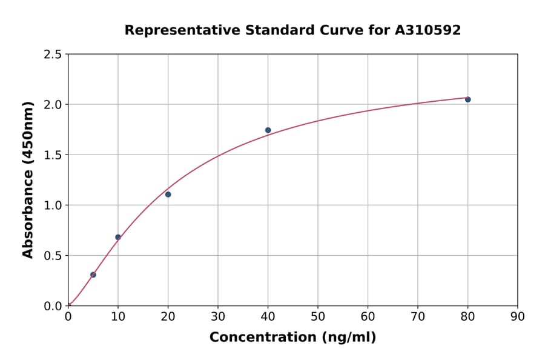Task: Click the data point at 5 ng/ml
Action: (x=93, y=275)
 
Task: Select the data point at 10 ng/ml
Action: (x=118, y=237)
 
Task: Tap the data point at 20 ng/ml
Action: (x=168, y=195)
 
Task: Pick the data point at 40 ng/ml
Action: (x=268, y=130)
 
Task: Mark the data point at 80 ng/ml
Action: (x=467, y=99)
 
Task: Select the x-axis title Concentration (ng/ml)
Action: (x=292, y=338)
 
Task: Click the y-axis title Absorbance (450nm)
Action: (x=28, y=179)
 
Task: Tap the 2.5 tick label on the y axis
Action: (x=53, y=55)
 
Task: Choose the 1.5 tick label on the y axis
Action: (x=53, y=155)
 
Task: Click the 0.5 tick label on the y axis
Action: (x=53, y=256)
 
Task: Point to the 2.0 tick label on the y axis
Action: (x=53, y=105)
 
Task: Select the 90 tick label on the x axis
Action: (x=518, y=316)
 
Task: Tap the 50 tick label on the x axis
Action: (x=318, y=316)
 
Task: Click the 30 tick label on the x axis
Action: (x=218, y=316)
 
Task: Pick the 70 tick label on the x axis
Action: (x=418, y=316)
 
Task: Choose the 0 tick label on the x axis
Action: (x=68, y=316)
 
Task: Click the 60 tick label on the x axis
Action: (x=368, y=316)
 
